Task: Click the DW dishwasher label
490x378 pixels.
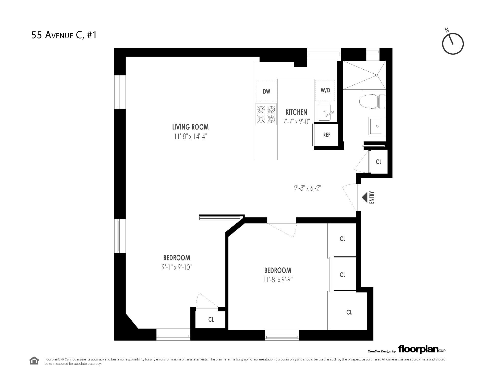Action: (x=266, y=92)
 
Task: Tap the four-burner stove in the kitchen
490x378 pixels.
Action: (x=266, y=114)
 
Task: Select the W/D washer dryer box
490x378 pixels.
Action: (x=325, y=90)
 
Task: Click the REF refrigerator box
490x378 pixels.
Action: (x=326, y=135)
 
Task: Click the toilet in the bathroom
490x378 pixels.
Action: (x=371, y=102)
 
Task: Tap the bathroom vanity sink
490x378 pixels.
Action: (x=377, y=126)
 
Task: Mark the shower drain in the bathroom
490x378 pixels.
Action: (x=376, y=75)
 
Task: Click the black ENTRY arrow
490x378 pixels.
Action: (x=365, y=197)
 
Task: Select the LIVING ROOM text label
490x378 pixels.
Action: (x=190, y=127)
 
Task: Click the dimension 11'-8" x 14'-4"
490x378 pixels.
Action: (x=190, y=137)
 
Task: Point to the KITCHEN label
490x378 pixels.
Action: (x=296, y=112)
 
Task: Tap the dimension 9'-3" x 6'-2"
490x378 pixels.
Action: (x=307, y=188)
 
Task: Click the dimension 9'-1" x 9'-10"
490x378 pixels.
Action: (x=177, y=267)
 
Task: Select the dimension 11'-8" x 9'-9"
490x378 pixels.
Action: (x=278, y=280)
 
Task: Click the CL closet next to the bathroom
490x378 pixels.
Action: (x=378, y=162)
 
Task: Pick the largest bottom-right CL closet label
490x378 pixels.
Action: (x=349, y=312)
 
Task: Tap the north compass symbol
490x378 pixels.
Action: (x=452, y=43)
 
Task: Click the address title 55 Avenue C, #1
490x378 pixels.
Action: (x=64, y=35)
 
